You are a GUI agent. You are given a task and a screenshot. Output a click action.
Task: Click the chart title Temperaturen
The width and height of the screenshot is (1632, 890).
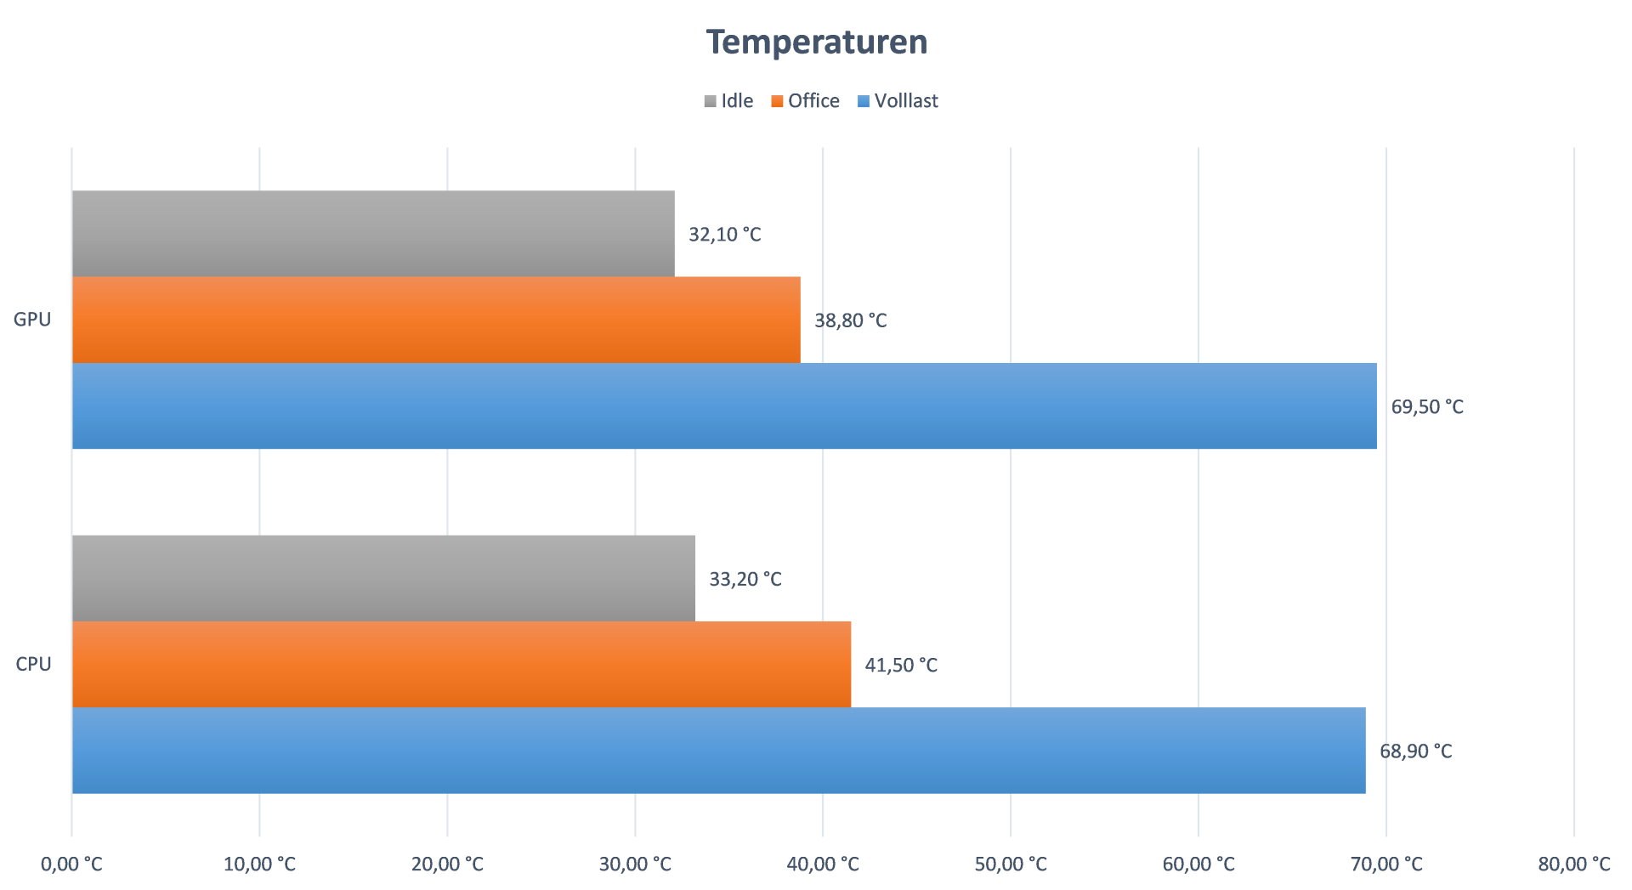tap(816, 42)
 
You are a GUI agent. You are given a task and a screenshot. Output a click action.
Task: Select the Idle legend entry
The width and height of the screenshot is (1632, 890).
tap(729, 101)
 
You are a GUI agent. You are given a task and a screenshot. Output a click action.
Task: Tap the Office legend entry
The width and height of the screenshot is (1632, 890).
tap(806, 101)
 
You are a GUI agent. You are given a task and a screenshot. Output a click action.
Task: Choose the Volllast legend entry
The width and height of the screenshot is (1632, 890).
tap(898, 101)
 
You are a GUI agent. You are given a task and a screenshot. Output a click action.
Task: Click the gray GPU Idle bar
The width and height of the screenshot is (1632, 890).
tap(373, 234)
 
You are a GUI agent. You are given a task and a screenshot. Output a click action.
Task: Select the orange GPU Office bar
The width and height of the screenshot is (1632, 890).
tap(436, 320)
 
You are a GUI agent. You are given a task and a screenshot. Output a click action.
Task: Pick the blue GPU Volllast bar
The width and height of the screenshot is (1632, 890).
tap(724, 406)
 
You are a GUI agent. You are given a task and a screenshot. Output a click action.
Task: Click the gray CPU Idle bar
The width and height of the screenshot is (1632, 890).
tap(383, 578)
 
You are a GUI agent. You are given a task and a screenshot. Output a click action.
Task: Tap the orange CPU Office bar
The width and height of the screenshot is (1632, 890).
tap(462, 664)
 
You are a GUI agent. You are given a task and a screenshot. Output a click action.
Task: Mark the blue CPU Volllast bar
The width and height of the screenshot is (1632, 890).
tap(718, 751)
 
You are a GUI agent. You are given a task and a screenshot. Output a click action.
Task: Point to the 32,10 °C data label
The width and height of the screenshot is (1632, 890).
tap(724, 235)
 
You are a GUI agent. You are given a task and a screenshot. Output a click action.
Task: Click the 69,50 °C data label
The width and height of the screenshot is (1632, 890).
tap(1426, 407)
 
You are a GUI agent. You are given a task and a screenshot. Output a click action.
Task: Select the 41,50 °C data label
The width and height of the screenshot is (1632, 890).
tap(900, 665)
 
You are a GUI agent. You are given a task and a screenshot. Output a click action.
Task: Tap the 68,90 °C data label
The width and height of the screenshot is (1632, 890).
tap(1415, 751)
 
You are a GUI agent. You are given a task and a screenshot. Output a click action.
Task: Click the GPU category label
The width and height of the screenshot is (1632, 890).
tap(32, 320)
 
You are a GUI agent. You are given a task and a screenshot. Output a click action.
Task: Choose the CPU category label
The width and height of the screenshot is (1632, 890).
tap(33, 664)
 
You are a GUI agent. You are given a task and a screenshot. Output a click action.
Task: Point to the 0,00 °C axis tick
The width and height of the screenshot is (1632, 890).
tap(71, 864)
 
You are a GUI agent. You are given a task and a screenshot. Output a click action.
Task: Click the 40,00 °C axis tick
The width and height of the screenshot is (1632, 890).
tap(823, 864)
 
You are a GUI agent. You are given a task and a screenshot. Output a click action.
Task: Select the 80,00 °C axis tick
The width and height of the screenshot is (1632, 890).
tap(1573, 864)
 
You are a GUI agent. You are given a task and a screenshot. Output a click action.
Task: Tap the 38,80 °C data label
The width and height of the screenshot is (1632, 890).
tap(850, 320)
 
